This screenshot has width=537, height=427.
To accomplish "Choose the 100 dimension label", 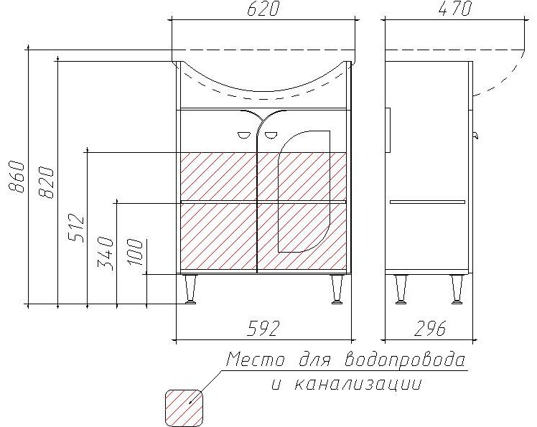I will point(137,253).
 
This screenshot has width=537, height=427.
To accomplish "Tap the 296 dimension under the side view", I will point(430,328).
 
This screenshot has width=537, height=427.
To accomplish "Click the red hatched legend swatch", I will point(184,406).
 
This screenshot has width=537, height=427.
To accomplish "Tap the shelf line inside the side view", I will point(427,202).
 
